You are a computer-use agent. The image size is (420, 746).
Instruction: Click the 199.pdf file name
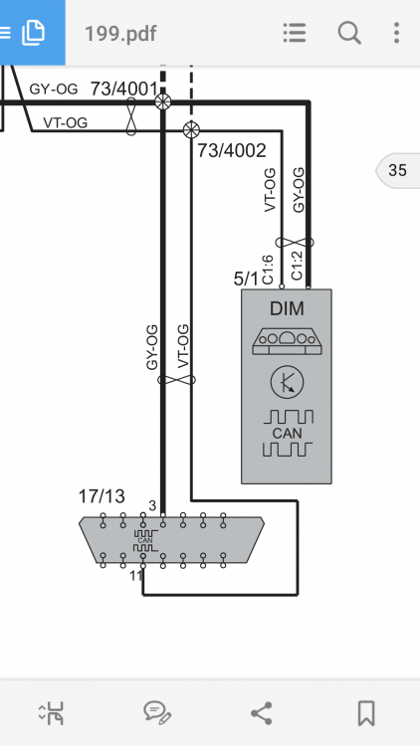(x=120, y=34)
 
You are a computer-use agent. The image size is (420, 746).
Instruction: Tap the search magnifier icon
(x=349, y=33)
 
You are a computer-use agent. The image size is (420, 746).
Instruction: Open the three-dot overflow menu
(x=396, y=33)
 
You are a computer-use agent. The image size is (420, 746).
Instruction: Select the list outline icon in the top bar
(x=295, y=33)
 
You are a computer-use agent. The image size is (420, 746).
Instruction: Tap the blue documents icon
(x=33, y=33)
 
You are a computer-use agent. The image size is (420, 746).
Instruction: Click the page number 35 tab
(x=398, y=170)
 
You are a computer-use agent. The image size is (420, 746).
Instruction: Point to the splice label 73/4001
(x=123, y=89)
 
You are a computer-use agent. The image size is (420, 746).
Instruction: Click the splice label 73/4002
(x=232, y=150)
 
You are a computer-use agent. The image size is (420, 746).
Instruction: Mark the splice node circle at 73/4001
(x=163, y=101)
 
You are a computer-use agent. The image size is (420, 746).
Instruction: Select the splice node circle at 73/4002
(x=191, y=129)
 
